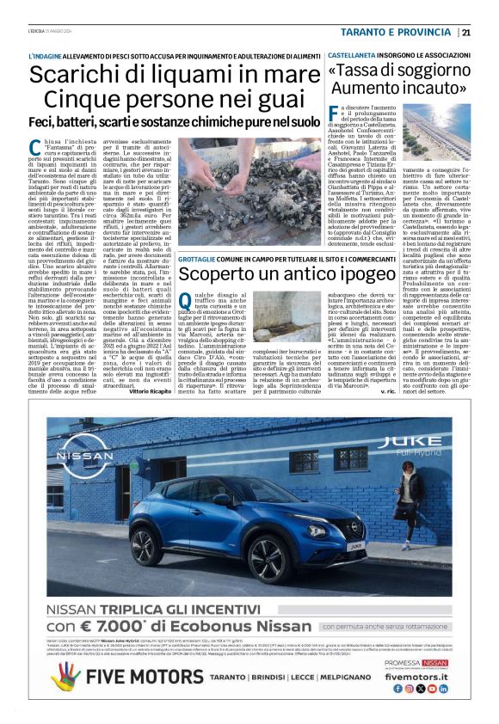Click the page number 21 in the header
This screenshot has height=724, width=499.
pyautogui.click(x=465, y=33)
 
